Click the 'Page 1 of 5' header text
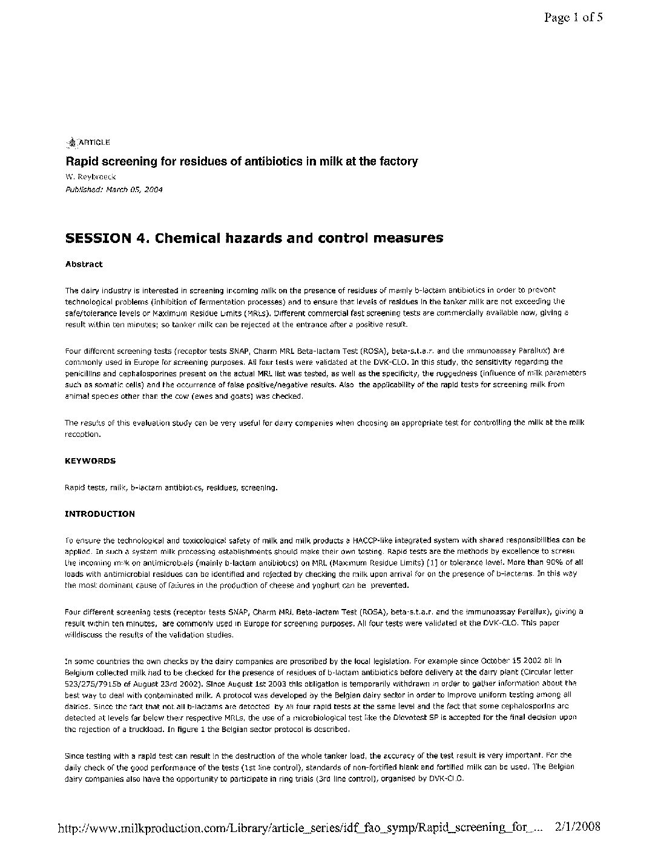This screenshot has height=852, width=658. point(573,18)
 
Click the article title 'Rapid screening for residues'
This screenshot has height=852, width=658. point(242,161)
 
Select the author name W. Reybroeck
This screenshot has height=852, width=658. point(90,176)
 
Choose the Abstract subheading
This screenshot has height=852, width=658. point(84,264)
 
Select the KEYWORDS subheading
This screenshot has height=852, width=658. point(90,461)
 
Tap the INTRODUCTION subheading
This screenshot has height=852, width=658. point(99,514)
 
